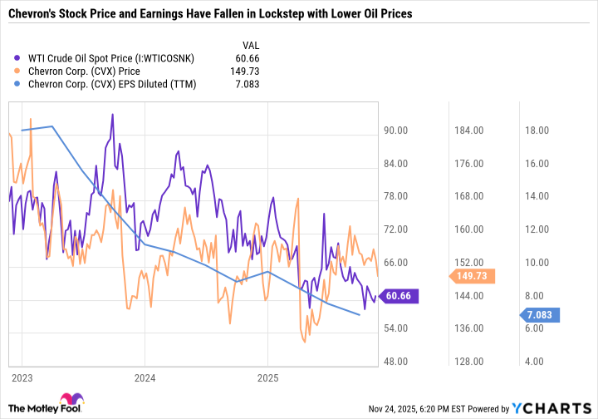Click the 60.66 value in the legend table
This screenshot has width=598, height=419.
[259, 58]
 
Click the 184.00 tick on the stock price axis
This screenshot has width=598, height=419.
[469, 131]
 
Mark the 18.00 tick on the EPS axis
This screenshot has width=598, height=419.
[533, 131]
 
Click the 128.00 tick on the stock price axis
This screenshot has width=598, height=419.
[469, 362]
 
